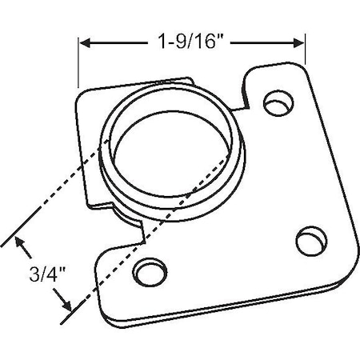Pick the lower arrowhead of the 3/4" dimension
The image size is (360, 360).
tap(65, 306)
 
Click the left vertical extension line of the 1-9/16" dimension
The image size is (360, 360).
tap(78, 60)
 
